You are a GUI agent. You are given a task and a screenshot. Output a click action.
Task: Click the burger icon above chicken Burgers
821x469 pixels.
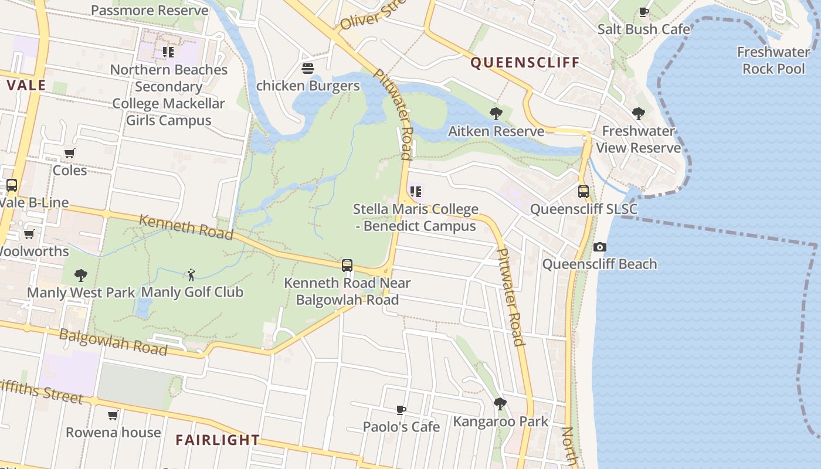click(308, 69)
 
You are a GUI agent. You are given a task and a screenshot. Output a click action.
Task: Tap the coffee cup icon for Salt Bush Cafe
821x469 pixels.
click(644, 12)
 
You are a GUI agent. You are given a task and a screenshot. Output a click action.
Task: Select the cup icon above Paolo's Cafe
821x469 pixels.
click(401, 410)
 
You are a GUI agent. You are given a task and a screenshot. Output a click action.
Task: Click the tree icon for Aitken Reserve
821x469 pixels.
click(496, 113)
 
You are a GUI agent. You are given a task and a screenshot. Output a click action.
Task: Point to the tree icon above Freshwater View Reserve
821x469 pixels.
click(639, 114)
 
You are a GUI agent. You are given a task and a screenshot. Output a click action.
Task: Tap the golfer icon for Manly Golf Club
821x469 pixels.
click(191, 274)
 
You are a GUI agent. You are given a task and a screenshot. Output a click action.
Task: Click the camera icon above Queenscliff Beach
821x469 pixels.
click(599, 247)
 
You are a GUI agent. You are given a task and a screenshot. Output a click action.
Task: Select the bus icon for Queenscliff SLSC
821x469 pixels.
click(583, 191)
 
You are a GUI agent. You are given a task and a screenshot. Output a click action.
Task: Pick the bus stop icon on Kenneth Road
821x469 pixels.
click(347, 266)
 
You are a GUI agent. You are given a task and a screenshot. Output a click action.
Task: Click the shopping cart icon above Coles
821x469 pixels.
click(70, 154)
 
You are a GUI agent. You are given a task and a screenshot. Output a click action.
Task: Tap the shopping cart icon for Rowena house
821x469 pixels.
click(113, 416)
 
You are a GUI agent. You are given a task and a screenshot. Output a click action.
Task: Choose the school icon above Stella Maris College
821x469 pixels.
click(416, 191)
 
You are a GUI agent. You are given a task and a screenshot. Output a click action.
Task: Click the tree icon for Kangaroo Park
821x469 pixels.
click(500, 404)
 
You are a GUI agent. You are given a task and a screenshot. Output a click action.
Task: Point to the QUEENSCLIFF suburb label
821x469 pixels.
click(525, 63)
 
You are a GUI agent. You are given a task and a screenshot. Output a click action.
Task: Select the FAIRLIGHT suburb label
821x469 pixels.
click(218, 440)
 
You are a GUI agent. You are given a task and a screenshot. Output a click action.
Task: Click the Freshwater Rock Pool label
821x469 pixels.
click(773, 60)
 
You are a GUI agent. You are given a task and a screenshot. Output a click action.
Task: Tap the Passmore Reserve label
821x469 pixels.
click(150, 11)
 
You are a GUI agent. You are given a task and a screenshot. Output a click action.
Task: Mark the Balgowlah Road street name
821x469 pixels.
click(113, 342)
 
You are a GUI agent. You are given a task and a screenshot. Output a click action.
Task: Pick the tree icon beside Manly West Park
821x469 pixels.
click(81, 275)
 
